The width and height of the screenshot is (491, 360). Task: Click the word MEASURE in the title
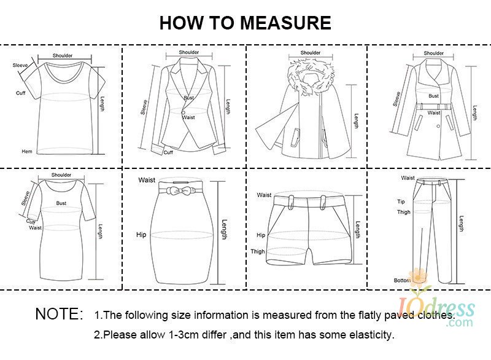[285, 23]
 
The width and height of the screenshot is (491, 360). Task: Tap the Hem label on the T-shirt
[27, 151]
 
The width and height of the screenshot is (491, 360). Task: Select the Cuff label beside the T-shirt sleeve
[21, 93]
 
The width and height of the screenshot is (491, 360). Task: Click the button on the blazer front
[183, 112]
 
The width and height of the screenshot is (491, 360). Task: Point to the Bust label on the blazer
[189, 98]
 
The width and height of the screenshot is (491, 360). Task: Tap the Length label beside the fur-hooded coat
[356, 121]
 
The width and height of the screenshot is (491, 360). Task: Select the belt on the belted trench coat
[434, 106]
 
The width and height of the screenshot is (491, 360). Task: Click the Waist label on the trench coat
[434, 113]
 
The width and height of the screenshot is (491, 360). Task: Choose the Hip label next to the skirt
[141, 235]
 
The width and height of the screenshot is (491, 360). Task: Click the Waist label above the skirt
[147, 180]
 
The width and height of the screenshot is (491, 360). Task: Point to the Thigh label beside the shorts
[257, 251]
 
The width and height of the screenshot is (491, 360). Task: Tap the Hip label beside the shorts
[261, 235]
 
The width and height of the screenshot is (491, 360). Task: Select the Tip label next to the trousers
[401, 202]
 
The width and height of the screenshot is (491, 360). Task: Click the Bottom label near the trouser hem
[402, 280]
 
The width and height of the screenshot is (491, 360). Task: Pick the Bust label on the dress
[61, 203]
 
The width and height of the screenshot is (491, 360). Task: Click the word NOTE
[60, 314]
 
